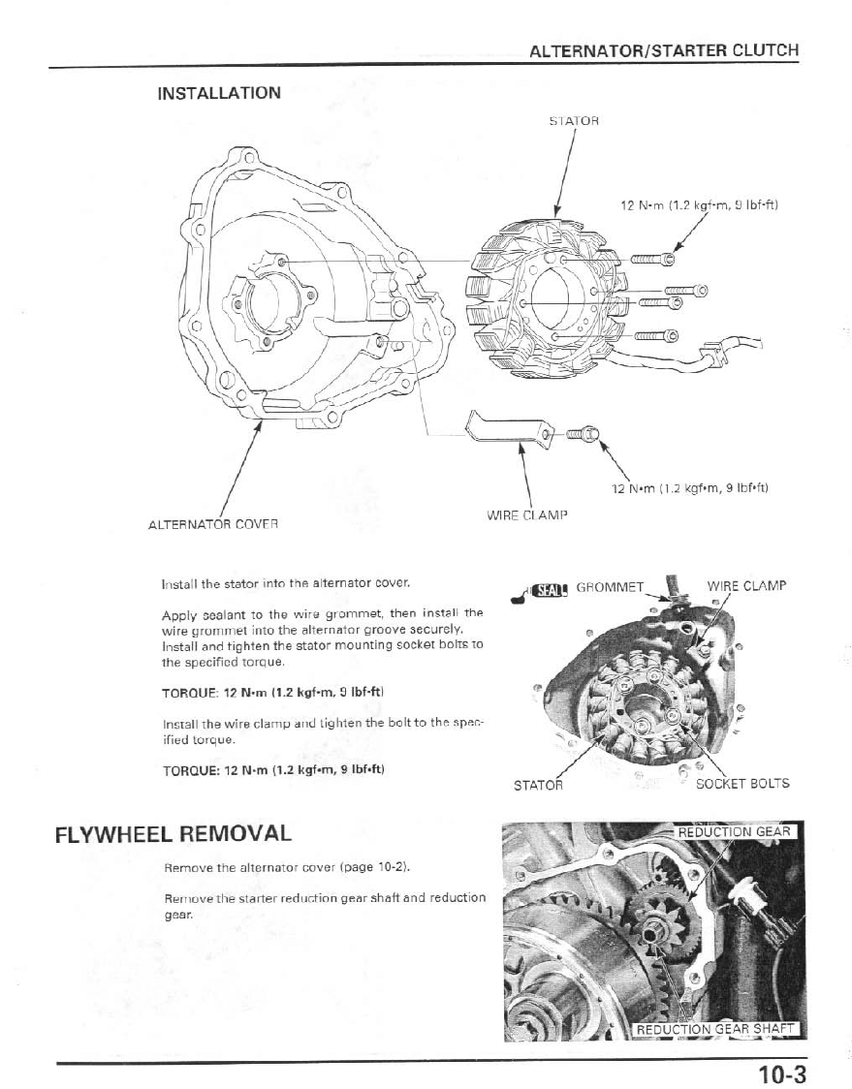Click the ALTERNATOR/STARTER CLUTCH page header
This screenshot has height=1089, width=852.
(664, 50)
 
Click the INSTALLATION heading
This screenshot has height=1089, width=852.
(219, 93)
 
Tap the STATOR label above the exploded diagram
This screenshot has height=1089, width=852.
(574, 121)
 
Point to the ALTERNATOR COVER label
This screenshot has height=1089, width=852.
(212, 524)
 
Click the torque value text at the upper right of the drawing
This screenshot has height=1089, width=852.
(699, 204)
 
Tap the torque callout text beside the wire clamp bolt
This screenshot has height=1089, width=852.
(689, 487)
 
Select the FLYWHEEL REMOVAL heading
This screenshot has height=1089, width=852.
(173, 833)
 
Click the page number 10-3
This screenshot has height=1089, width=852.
(781, 1074)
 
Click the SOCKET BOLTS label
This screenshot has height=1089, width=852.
(742, 783)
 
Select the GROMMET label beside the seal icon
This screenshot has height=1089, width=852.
(610, 586)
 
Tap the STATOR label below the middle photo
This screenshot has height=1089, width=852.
(537, 785)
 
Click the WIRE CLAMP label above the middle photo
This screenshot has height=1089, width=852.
(746, 585)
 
